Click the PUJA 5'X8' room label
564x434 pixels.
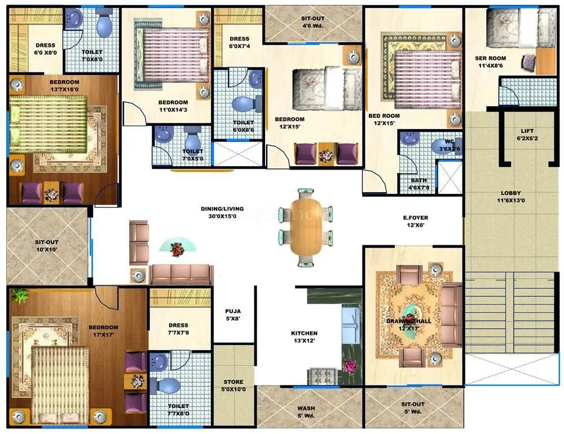pos(233,314)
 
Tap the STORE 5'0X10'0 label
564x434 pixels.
pos(233,386)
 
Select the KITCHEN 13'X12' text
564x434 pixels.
pos(304,337)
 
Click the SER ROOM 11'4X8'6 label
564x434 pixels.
pos(490,61)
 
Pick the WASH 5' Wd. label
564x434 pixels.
pos(306,412)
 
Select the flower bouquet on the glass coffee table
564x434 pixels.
pos(178,247)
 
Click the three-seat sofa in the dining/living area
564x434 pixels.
pos(181,274)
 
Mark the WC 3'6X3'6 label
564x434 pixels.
pos(450,146)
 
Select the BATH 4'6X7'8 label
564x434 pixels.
pos(419,184)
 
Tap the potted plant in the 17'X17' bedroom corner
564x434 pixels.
pos(19,295)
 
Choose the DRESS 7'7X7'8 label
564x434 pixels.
pos(178,329)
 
